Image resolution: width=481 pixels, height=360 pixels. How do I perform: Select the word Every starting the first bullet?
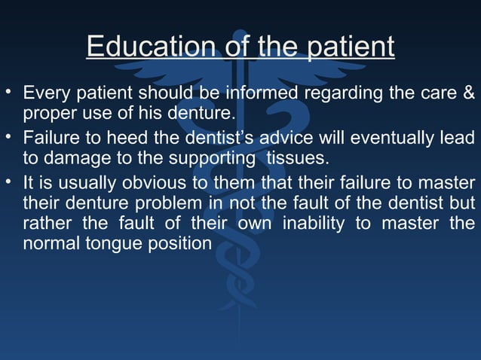44,94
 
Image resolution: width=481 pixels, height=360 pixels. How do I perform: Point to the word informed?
262,94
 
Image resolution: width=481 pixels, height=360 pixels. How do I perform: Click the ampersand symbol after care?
468,94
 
